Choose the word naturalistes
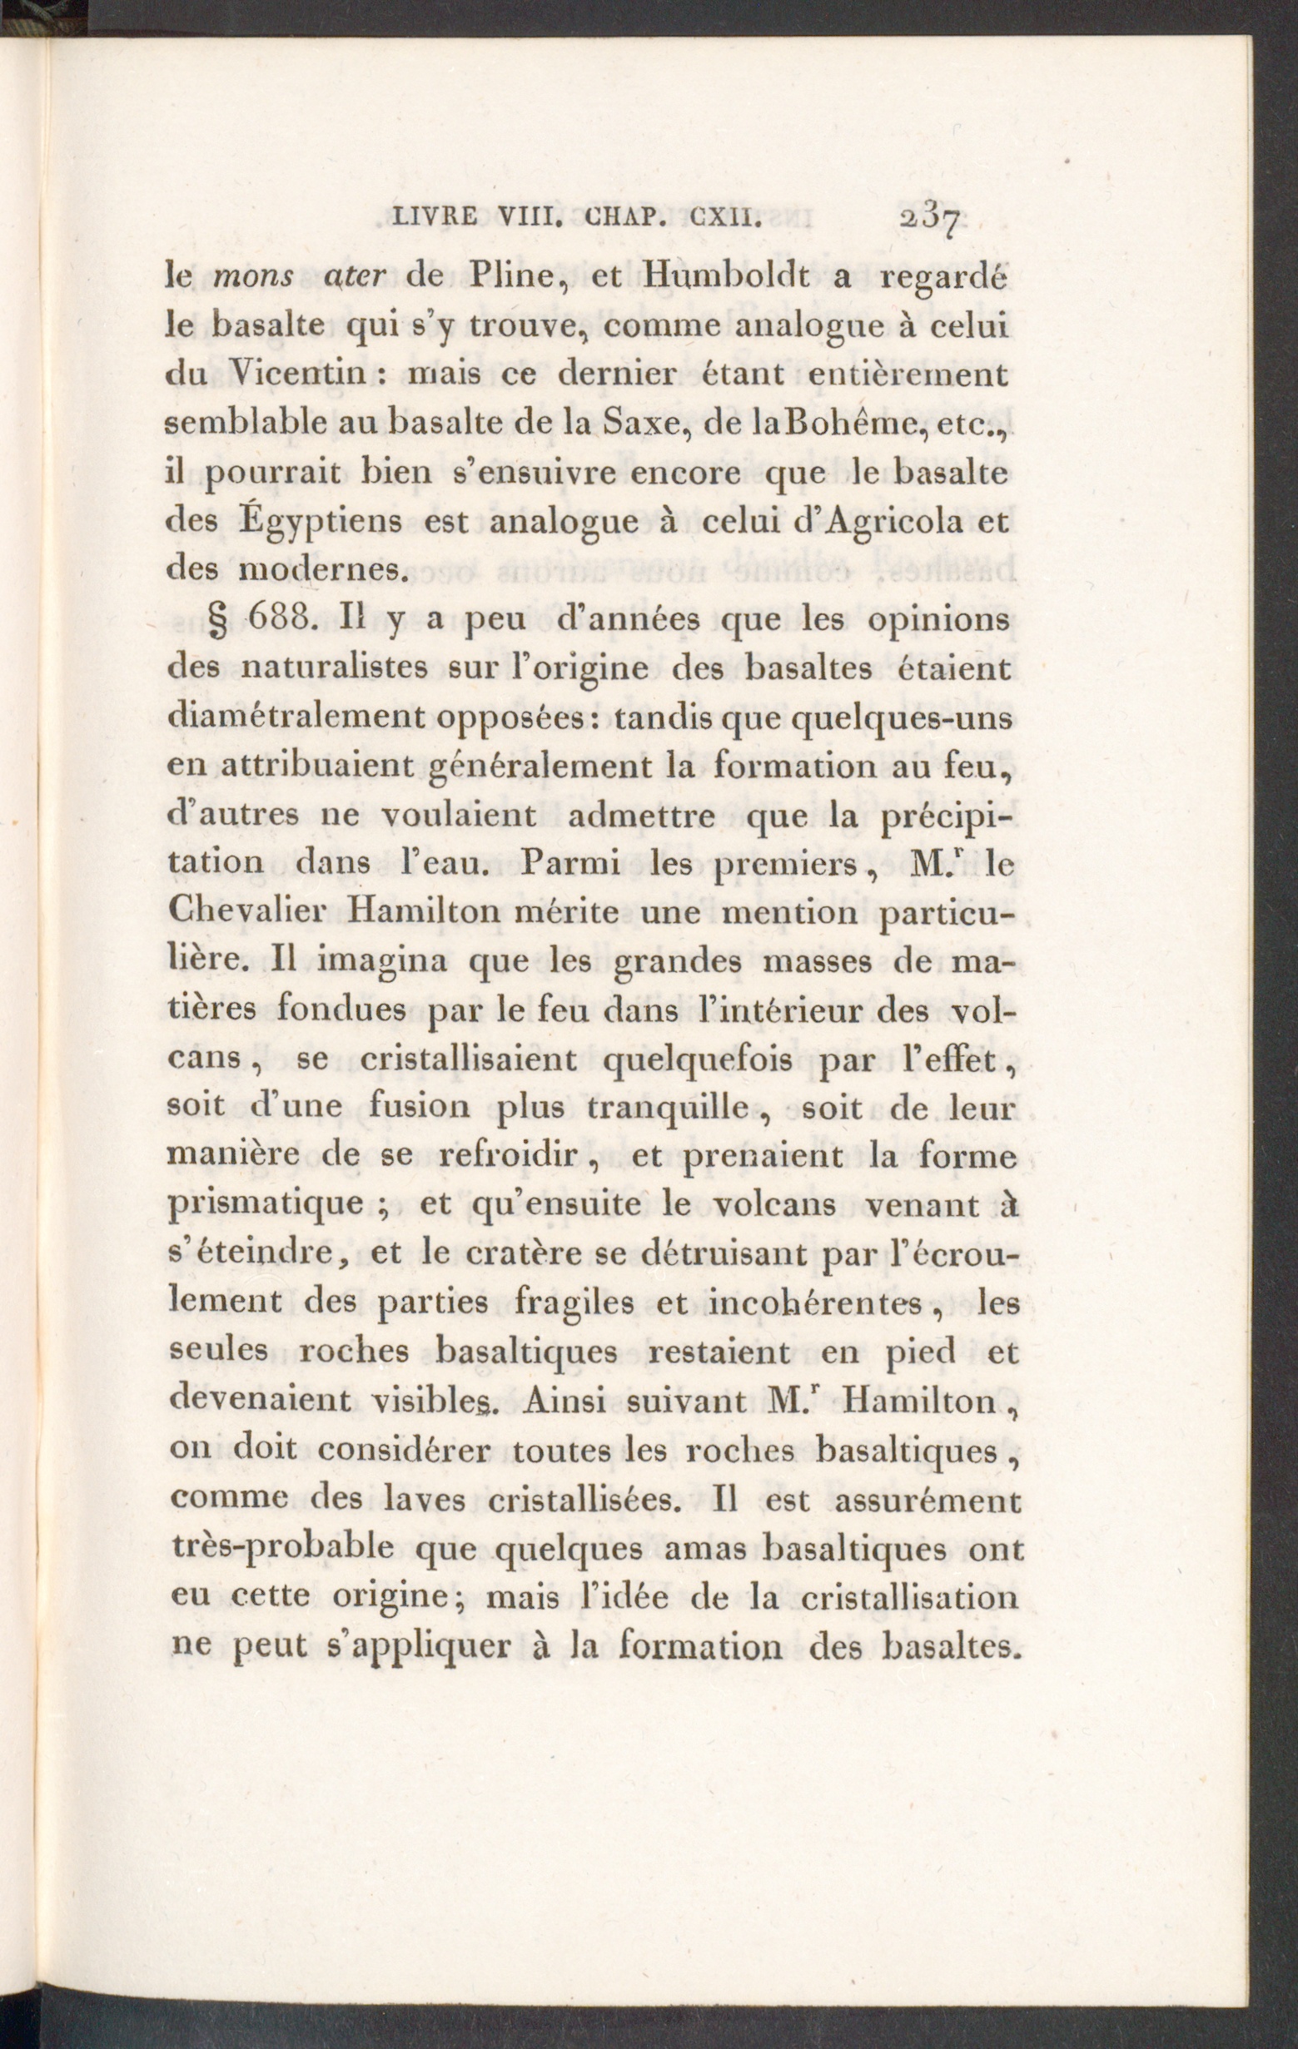337,669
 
